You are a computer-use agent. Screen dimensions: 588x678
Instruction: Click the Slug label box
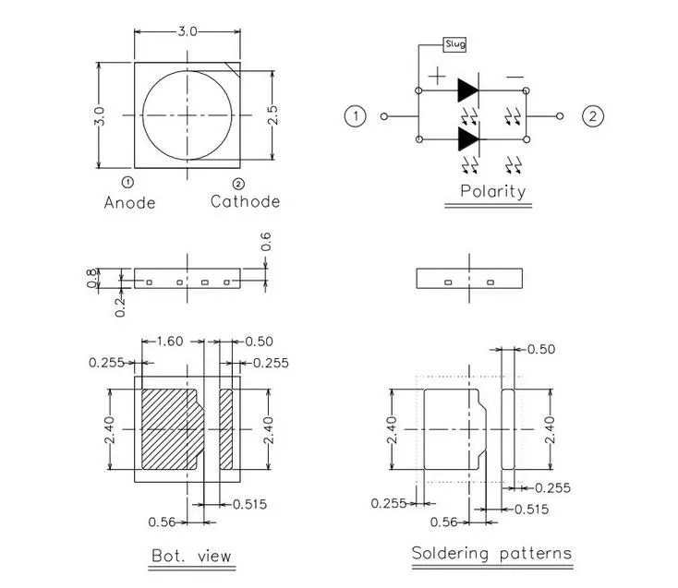[x=454, y=43]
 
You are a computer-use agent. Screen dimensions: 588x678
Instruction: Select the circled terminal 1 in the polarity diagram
[x=355, y=116]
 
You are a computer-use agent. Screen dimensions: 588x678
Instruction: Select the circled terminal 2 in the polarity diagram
[x=592, y=116]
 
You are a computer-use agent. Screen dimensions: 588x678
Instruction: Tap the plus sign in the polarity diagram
[x=437, y=77]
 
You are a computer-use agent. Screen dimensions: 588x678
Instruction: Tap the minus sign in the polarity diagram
[x=515, y=77]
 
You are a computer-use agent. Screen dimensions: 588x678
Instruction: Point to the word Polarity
[x=492, y=192]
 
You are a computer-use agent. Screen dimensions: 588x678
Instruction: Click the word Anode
[x=129, y=202]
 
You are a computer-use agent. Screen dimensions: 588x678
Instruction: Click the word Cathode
[x=245, y=202]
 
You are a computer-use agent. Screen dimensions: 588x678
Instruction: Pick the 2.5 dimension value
[x=272, y=116]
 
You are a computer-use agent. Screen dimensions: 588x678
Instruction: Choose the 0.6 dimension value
[x=266, y=242]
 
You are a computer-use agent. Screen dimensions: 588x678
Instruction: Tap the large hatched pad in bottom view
[x=171, y=429]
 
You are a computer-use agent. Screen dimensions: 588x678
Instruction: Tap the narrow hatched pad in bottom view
[x=226, y=429]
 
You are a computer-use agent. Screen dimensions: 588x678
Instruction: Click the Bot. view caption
[x=191, y=556]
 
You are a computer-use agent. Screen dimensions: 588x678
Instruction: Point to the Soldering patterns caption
[x=491, y=554]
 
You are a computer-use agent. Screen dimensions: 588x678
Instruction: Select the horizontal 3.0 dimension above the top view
[x=188, y=31]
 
